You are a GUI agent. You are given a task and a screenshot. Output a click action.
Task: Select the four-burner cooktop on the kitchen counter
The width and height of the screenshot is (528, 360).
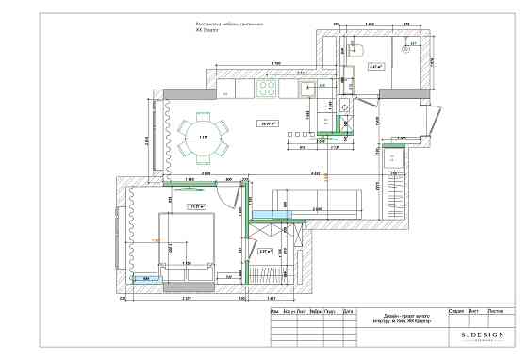pyautogui.click(x=267, y=89)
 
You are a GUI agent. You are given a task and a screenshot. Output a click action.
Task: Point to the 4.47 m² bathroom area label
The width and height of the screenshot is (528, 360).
pyautogui.click(x=374, y=67)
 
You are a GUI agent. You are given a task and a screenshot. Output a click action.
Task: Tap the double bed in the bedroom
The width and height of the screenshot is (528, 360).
pyautogui.click(x=188, y=245)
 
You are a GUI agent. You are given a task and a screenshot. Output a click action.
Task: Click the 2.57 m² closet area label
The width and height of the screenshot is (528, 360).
pyautogui.click(x=265, y=251)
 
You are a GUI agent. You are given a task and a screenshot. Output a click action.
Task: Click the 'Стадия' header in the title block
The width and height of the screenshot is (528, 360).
pyautogui.click(x=456, y=310)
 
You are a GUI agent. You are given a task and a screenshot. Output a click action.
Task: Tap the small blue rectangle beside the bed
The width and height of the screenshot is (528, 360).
pyautogui.click(x=144, y=279)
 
